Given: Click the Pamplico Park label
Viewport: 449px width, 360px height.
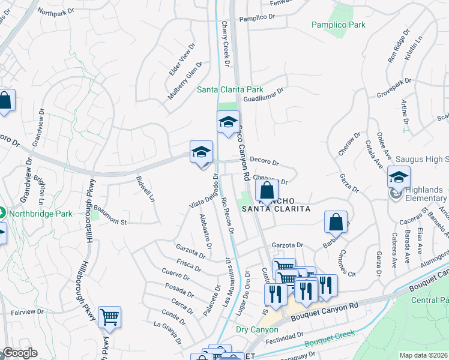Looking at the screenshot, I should tap(338, 25).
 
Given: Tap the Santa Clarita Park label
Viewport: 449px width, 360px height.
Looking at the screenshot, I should tap(231, 90).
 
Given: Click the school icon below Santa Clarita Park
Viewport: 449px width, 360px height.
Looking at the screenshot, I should tap(228, 123).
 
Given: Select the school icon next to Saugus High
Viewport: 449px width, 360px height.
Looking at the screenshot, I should tap(399, 178).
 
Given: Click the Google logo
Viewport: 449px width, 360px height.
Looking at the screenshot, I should tap(20, 353).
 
